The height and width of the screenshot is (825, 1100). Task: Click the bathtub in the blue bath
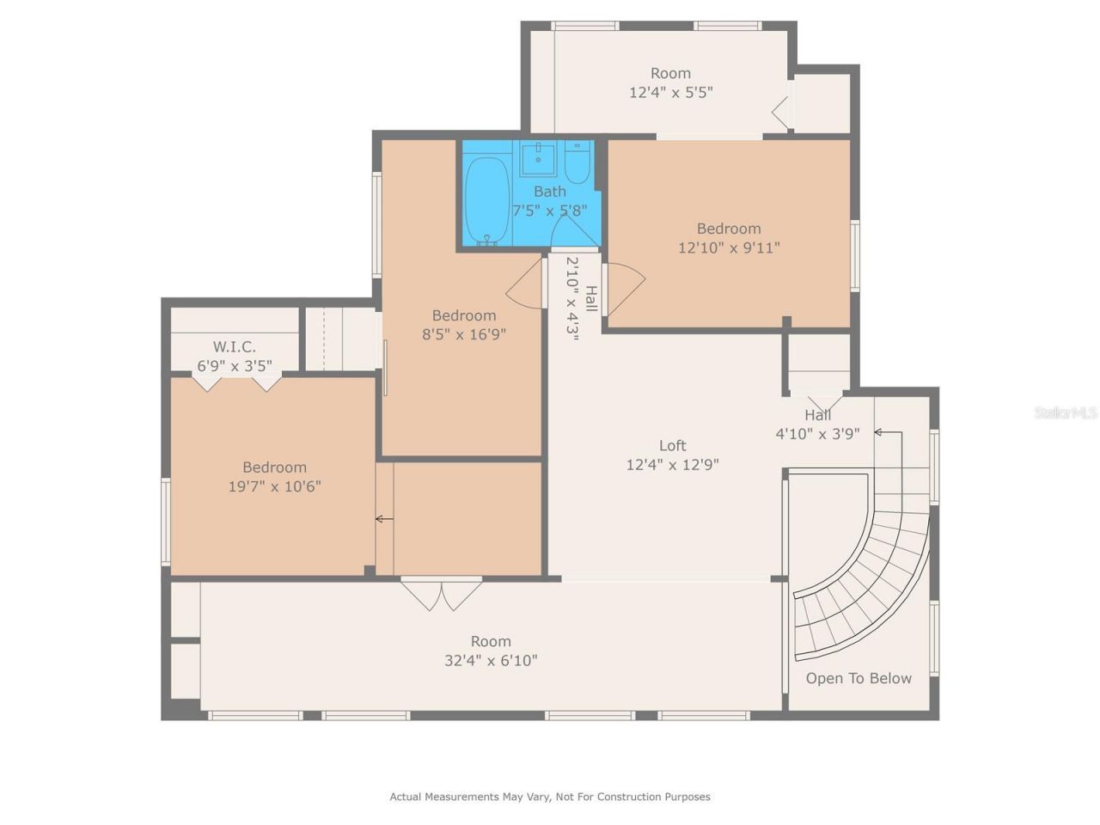tap(487, 200)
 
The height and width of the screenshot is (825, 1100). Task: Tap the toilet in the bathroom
tap(577, 163)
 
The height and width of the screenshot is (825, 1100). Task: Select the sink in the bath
tap(539, 159)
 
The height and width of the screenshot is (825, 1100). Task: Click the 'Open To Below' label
tap(859, 678)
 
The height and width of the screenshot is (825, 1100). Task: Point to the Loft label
tap(672, 445)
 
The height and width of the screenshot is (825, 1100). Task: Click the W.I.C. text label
tap(234, 347)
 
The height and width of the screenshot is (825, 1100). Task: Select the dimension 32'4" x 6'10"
tap(491, 660)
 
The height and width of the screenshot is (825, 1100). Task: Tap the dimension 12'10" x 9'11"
tap(729, 247)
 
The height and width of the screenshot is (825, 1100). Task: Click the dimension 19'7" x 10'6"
tap(274, 486)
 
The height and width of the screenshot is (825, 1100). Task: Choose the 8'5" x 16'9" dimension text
tap(463, 334)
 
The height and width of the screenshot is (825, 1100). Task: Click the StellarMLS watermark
tap(1066, 412)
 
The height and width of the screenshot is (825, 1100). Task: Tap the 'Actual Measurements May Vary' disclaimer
tap(550, 797)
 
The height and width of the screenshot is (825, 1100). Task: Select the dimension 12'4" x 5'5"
tap(670, 92)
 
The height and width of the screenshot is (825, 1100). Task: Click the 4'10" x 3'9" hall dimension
tap(817, 434)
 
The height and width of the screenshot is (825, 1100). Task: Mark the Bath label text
tap(550, 192)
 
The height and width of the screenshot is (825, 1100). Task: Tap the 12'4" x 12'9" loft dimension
tap(672, 465)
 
